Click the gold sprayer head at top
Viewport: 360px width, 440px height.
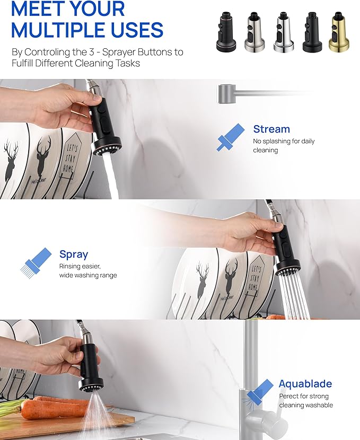coord(339,32)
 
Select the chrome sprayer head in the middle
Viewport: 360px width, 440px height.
coord(284,32)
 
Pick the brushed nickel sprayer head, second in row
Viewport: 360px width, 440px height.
coord(254,32)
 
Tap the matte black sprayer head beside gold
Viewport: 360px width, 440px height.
coord(312,32)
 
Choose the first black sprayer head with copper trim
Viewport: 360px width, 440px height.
coord(226,32)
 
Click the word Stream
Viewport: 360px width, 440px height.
coord(271,129)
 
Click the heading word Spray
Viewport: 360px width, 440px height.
coord(74,255)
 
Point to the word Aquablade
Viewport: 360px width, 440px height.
coord(305,384)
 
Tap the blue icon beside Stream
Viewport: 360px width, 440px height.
coord(231,137)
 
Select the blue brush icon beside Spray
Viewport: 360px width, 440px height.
coord(36,263)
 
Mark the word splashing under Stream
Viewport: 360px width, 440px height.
coord(276,142)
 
